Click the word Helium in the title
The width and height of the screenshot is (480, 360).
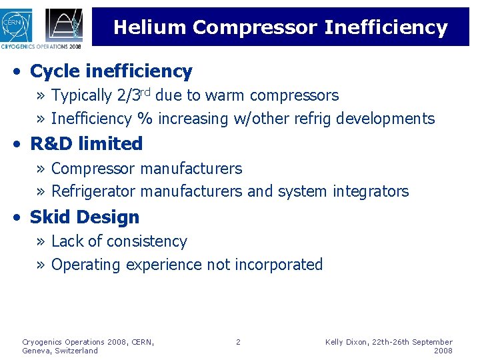pyautogui.click(x=150, y=27)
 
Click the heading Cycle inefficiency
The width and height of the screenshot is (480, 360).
pyautogui.click(x=111, y=71)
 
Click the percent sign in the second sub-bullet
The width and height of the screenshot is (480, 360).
pyautogui.click(x=144, y=119)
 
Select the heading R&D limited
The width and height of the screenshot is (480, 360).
pyautogui.click(x=87, y=143)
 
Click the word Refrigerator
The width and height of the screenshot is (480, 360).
pyautogui.click(x=93, y=191)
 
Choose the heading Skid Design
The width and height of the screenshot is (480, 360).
pyautogui.click(x=85, y=217)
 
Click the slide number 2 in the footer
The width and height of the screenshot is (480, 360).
pyautogui.click(x=238, y=342)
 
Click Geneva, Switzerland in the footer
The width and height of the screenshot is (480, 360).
pyautogui.click(x=60, y=351)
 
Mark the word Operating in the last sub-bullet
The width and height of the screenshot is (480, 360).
pyautogui.click(x=85, y=264)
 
